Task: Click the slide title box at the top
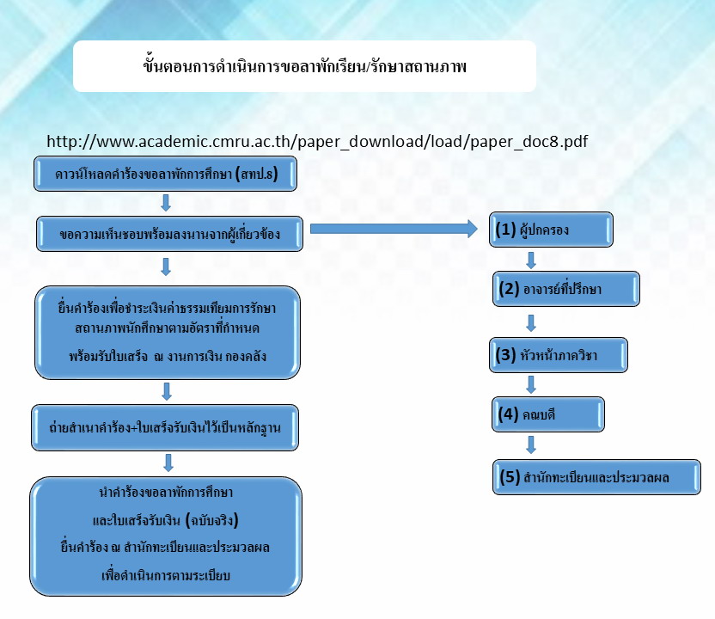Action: pos(304,66)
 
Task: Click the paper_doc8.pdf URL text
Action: pos(317,141)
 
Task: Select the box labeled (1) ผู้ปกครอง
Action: pos(551,230)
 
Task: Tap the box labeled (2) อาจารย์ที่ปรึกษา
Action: pos(565,289)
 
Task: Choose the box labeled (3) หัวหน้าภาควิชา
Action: pos(558,355)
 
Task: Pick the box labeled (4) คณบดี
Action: pos(547,414)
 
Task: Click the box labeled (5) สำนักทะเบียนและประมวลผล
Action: pos(596,477)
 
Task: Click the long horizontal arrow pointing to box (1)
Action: pos(394,229)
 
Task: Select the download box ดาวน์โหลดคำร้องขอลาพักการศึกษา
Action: pos(165,174)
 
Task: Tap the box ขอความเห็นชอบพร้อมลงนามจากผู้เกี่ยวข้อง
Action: pos(169,234)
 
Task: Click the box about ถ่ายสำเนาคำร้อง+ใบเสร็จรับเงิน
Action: pos(165,428)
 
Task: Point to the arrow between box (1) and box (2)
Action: pos(531,260)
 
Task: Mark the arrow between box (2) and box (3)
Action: pos(531,323)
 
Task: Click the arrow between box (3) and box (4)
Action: pos(531,384)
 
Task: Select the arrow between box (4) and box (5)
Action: pos(531,444)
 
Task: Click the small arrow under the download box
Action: pos(166,203)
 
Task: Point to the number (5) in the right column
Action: pos(510,477)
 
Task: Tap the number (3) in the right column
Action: pos(505,355)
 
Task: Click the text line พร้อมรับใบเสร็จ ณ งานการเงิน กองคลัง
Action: pos(168,356)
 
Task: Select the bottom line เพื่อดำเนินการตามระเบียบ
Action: pos(166,575)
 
